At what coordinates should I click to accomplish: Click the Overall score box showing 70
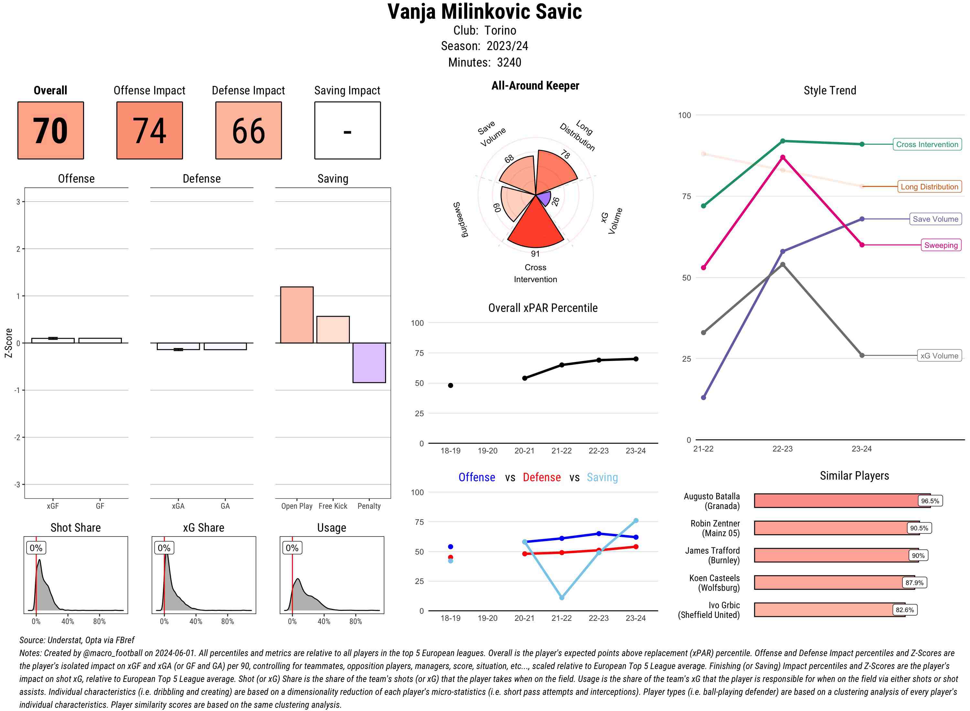pyautogui.click(x=50, y=131)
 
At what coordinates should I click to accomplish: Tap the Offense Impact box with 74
pyautogui.click(x=149, y=131)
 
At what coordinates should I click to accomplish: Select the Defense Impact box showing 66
pyautogui.click(x=248, y=131)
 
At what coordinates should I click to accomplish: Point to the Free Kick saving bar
pyautogui.click(x=333, y=330)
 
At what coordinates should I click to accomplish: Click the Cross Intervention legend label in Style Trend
pyautogui.click(x=927, y=144)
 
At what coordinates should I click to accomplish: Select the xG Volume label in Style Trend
pyautogui.click(x=939, y=356)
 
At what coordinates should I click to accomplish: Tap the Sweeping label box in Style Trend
pyautogui.click(x=941, y=245)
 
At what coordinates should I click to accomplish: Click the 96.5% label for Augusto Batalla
pyautogui.click(x=930, y=501)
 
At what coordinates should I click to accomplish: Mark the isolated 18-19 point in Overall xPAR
pyautogui.click(x=450, y=386)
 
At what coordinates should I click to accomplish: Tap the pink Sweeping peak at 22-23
pyautogui.click(x=782, y=157)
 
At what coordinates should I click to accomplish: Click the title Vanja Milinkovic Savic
pyautogui.click(x=484, y=12)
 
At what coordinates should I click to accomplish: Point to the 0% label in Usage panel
pyautogui.click(x=292, y=548)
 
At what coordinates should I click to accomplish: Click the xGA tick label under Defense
pyautogui.click(x=178, y=506)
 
